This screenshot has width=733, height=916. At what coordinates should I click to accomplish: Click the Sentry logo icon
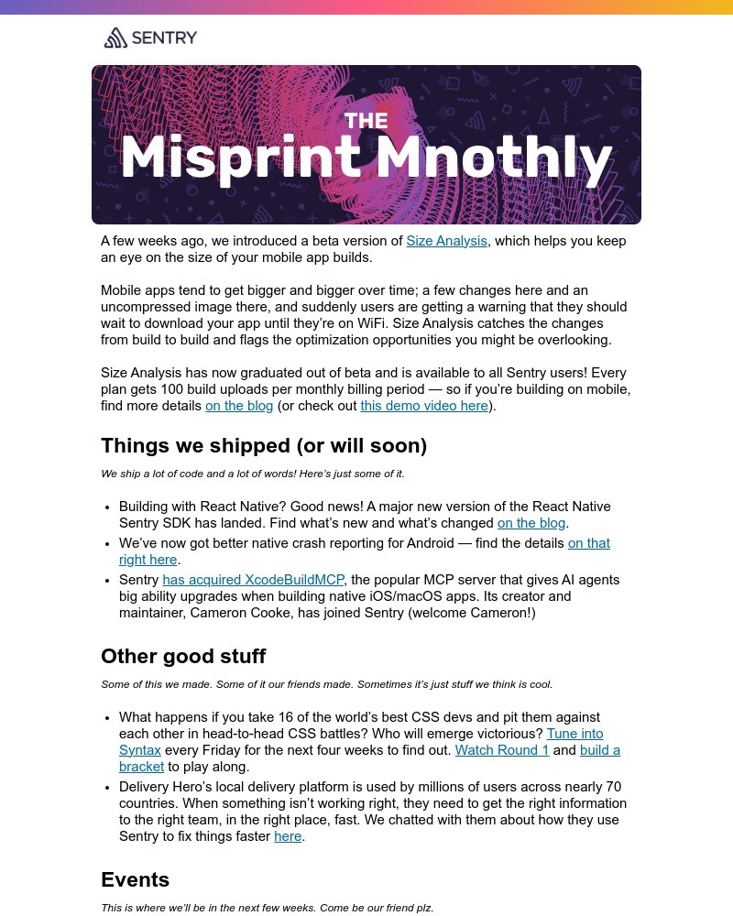(x=115, y=38)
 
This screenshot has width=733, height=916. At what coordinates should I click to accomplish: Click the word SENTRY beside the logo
(x=164, y=38)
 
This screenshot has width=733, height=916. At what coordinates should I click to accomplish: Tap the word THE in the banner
(x=366, y=121)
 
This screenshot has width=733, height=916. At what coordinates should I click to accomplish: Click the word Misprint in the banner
(x=240, y=159)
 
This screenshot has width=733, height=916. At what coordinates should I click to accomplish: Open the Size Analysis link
(x=446, y=241)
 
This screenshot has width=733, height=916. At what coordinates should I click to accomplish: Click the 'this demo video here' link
(x=424, y=406)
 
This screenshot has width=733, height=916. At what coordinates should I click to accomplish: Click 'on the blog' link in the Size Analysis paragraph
(x=239, y=406)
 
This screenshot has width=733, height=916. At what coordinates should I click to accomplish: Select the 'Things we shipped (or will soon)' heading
(x=264, y=446)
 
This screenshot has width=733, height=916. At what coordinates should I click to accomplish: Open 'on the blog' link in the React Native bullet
(x=531, y=523)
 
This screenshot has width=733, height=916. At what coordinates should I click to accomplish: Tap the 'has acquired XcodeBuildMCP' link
(x=253, y=580)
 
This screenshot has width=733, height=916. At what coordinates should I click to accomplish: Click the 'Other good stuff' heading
(x=183, y=657)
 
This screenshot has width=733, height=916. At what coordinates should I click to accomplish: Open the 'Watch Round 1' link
(x=502, y=750)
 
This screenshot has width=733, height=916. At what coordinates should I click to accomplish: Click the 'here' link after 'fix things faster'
(x=288, y=836)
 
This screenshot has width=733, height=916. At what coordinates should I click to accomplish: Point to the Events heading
(x=135, y=880)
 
